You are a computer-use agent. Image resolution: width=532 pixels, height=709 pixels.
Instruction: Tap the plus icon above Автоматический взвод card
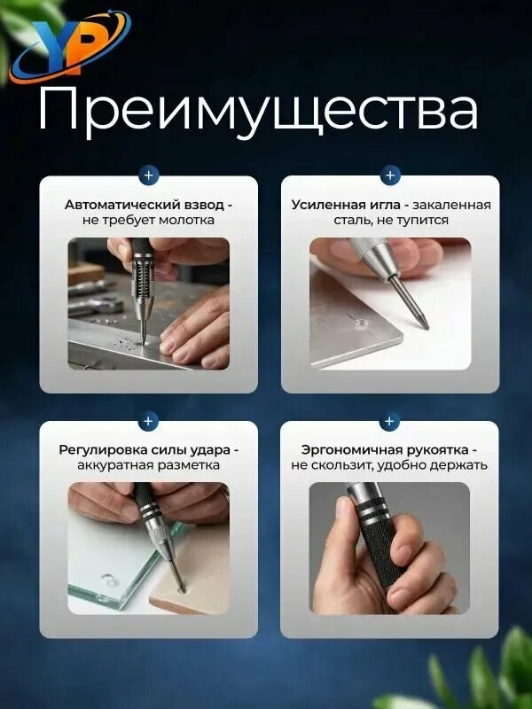tap(149, 175)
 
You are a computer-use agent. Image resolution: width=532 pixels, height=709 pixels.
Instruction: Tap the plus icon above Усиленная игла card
tap(390, 175)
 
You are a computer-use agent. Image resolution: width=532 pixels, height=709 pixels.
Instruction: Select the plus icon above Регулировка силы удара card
tap(148, 421)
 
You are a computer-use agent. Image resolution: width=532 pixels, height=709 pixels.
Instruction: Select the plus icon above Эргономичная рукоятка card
tap(389, 421)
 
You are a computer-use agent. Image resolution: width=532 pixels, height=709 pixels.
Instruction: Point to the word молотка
tap(185, 221)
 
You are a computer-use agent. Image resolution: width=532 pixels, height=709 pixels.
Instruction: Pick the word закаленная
tap(452, 206)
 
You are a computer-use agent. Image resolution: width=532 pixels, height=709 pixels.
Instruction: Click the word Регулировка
tap(99, 451)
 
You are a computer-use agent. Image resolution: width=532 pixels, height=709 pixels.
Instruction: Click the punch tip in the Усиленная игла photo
tap(426, 326)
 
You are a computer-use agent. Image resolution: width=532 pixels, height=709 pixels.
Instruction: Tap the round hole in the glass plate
tap(107, 580)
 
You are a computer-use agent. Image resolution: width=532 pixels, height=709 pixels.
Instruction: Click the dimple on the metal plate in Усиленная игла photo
tap(363, 323)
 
